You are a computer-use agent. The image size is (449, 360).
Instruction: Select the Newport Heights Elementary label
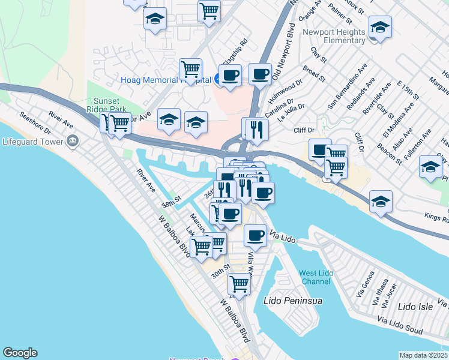334,36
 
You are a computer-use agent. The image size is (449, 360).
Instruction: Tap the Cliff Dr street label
304,130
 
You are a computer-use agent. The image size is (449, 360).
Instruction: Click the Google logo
20,353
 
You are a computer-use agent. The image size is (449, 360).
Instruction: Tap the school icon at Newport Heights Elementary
380,28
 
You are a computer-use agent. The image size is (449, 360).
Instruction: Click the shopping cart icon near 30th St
239,284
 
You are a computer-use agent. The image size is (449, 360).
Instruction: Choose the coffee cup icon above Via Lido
255,235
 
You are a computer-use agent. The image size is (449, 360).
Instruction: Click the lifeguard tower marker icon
73,142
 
